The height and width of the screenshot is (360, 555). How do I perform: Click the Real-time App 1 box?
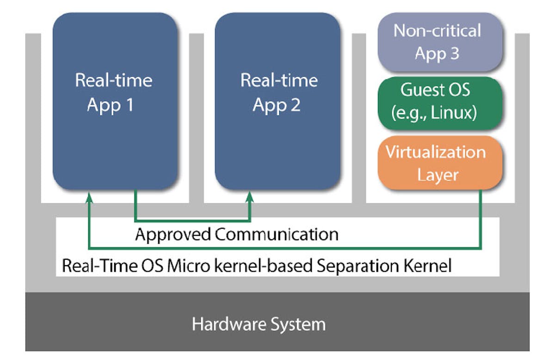115,101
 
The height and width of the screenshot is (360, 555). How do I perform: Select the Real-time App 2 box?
277,101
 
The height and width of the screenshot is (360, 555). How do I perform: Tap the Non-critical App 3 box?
438,42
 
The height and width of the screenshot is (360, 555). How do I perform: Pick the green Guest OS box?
438,102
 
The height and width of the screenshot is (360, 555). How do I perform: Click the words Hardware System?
259,324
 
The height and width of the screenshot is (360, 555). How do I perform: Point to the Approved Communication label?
236,234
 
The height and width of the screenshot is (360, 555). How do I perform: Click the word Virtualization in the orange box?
436,152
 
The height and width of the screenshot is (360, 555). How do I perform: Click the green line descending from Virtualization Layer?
481,217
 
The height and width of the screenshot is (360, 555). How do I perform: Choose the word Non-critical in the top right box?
437,31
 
